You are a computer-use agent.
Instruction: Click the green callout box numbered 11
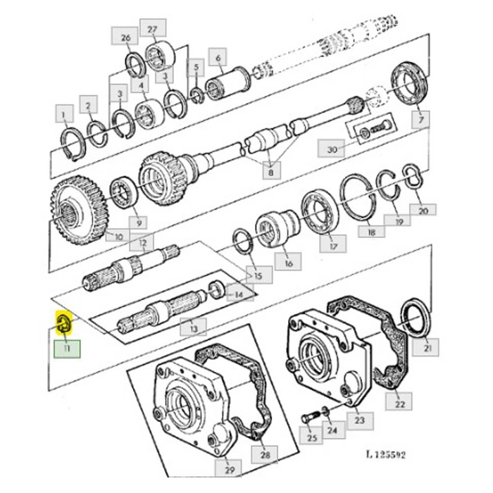(68, 349)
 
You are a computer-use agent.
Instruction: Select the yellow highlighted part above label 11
(64, 323)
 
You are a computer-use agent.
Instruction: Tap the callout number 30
(332, 149)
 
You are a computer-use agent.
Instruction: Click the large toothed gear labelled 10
(79, 211)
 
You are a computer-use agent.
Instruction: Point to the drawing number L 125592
(386, 455)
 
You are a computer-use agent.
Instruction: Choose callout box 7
(421, 119)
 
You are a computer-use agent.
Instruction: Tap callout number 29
(230, 470)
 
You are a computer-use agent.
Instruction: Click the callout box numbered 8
(271, 172)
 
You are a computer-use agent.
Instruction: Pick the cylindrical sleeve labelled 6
(227, 82)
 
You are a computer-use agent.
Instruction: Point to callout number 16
(288, 263)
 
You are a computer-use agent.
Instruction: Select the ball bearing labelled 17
(320, 210)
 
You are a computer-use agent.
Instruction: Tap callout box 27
(153, 30)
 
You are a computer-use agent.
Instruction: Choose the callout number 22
(399, 404)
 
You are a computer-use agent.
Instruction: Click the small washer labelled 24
(325, 412)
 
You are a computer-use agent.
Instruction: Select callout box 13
(193, 328)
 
